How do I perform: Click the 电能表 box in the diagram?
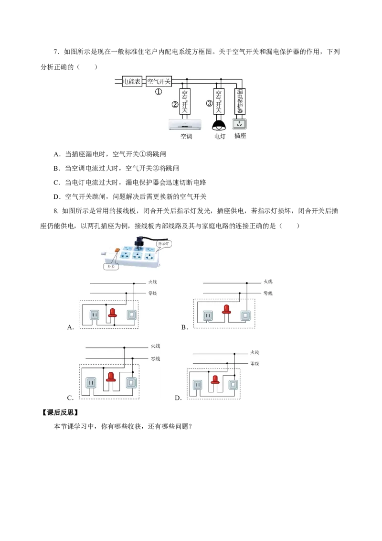coord(132,81)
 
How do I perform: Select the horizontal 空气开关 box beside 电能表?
coord(159,81)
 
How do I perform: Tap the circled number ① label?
coord(158,92)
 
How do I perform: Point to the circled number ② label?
coord(175,104)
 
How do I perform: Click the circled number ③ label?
coord(209,103)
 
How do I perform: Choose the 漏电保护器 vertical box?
coord(240,101)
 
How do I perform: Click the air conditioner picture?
coord(185,125)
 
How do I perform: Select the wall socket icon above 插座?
coord(240,124)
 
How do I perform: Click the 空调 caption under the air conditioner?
coord(186,136)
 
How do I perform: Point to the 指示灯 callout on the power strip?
coord(164,244)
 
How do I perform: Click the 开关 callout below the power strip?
coord(111,266)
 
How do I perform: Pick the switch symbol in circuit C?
coord(131,383)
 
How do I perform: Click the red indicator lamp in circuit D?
coord(215,380)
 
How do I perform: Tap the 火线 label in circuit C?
coord(156,346)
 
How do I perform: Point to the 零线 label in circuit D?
coord(255,364)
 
